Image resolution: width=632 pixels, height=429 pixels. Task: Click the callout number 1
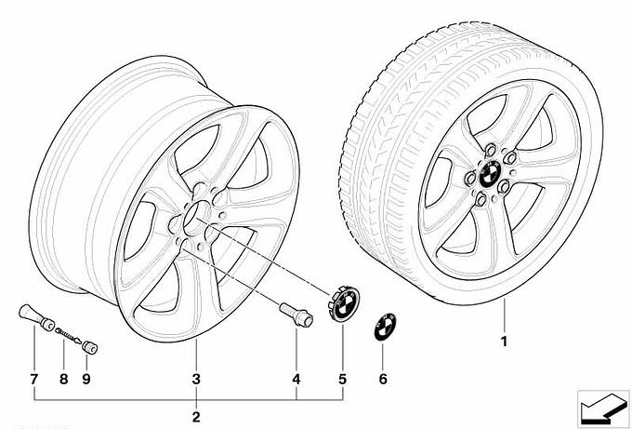pyautogui.click(x=504, y=342)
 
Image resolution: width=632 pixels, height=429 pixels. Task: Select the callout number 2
pyautogui.click(x=196, y=417)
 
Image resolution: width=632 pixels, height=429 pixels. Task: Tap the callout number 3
pyautogui.click(x=196, y=380)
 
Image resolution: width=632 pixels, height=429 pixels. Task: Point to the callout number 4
pyautogui.click(x=296, y=380)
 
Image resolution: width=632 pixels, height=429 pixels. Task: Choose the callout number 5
pyautogui.click(x=342, y=380)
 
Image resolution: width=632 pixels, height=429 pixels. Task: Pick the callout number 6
pyautogui.click(x=383, y=380)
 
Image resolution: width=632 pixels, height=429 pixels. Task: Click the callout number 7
pyautogui.click(x=33, y=380)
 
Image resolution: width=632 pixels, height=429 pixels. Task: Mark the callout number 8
pyautogui.click(x=64, y=380)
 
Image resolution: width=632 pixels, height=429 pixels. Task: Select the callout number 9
pyautogui.click(x=86, y=380)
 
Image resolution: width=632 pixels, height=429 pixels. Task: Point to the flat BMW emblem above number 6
pyautogui.click(x=385, y=327)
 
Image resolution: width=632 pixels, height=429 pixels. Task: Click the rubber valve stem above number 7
pyautogui.click(x=36, y=316)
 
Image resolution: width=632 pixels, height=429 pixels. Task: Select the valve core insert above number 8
pyautogui.click(x=68, y=335)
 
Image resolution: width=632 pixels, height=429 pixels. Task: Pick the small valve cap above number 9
pyautogui.click(x=89, y=347)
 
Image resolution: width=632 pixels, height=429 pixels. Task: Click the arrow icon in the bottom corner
pyautogui.click(x=603, y=409)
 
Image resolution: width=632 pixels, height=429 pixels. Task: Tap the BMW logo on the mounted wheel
pyautogui.click(x=491, y=174)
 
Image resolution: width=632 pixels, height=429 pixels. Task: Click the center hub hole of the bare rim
pyautogui.click(x=194, y=218)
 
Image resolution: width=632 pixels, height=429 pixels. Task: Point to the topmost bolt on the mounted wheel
pyautogui.click(x=491, y=151)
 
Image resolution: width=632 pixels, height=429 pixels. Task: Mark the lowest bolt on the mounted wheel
pyautogui.click(x=481, y=199)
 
